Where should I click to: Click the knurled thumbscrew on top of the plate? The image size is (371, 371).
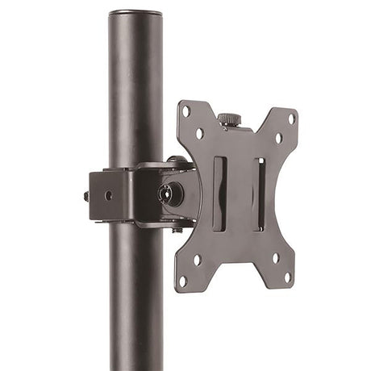pyautogui.click(x=229, y=119)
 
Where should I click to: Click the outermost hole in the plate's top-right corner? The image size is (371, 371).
pyautogui.click(x=291, y=118)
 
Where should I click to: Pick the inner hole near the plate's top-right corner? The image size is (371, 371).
pyautogui.click(x=277, y=138)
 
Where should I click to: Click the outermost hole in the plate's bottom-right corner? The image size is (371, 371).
pyautogui.click(x=286, y=278)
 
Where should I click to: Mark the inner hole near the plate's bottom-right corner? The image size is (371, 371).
pyautogui.click(x=273, y=258)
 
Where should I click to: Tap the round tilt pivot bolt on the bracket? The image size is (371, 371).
pyautogui.click(x=170, y=194)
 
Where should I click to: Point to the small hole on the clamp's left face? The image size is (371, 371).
pyautogui.click(x=108, y=195)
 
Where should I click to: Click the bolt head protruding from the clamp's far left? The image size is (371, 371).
pyautogui.click(x=86, y=196)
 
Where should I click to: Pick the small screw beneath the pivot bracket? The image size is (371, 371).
pyautogui.click(x=176, y=230)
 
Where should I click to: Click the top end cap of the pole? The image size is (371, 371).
pyautogui.click(x=135, y=14)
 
